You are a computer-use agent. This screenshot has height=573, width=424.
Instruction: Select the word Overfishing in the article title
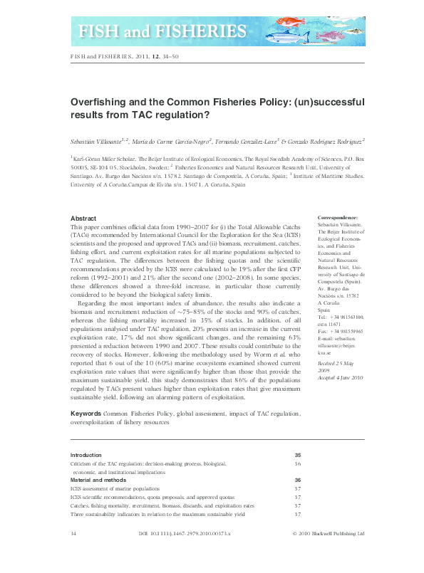tap(98, 102)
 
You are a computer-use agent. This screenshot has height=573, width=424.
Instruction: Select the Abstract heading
tap(85, 217)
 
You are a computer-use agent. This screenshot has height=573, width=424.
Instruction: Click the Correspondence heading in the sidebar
tap(338, 217)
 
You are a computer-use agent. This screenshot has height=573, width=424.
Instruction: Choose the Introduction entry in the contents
tap(86, 454)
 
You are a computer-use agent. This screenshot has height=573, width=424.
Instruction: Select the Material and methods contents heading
tap(100, 480)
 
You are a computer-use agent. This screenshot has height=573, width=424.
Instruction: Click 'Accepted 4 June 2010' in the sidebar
tap(339, 377)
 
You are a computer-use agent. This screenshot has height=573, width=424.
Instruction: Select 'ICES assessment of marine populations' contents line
tap(115, 488)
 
